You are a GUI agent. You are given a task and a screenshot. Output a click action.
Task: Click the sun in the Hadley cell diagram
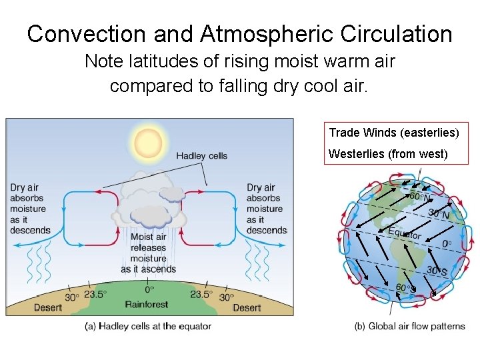[148, 141]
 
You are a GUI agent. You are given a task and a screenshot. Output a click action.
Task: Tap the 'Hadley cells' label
[201, 156]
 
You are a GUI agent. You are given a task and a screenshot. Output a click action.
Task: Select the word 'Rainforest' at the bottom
[148, 305]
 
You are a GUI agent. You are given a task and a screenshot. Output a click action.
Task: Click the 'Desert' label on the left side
[48, 307]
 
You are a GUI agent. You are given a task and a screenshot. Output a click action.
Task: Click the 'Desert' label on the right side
[247, 307]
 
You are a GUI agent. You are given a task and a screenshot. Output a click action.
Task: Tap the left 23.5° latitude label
[95, 294]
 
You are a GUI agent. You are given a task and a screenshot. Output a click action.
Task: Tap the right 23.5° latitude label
[201, 294]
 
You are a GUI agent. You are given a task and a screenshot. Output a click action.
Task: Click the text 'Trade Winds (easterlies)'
[394, 133]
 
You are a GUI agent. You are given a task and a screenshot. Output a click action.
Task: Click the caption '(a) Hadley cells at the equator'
[149, 326]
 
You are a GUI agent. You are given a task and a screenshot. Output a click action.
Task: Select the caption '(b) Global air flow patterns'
[410, 326]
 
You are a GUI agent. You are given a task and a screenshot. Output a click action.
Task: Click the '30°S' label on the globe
[438, 271]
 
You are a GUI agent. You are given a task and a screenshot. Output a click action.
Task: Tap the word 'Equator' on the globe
[405, 233]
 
